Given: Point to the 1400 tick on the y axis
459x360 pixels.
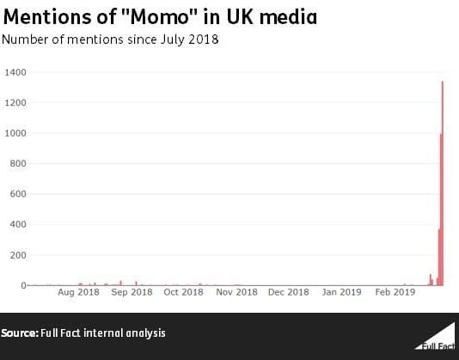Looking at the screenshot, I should pos(15,72).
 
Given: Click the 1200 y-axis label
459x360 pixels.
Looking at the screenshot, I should pos(15,103).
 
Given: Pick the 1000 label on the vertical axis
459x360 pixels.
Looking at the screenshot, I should pos(15,133).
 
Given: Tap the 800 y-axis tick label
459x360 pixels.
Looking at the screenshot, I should pos(17,163).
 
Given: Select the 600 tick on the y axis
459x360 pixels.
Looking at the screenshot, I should pos(17,194).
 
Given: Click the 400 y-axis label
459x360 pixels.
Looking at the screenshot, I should pos(17,224).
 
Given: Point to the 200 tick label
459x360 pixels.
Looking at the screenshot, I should pos(17,255).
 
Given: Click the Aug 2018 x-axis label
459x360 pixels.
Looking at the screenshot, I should pos(78,292).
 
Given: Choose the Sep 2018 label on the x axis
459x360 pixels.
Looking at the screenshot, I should pos(132,292).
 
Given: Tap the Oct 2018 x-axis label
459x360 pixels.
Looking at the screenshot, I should pos(183,292).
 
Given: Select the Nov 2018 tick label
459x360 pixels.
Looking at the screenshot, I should pos(236,292).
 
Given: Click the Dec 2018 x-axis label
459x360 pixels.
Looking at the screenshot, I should pos(288,292).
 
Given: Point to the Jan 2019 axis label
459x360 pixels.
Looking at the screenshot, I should pos(341,292).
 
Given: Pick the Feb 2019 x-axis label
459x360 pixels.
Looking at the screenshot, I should pos(395,292).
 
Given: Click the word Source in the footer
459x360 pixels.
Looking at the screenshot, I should pos(18,333).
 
